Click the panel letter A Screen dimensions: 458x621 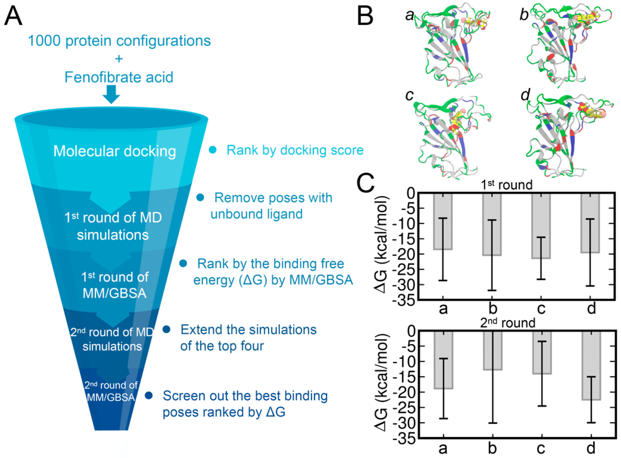[13, 16]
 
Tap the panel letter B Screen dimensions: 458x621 [365, 16]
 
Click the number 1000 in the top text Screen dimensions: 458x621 [44, 41]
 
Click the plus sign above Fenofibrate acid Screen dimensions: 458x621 [119, 59]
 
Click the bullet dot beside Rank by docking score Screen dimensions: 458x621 [212, 150]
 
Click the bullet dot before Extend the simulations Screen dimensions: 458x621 [166, 329]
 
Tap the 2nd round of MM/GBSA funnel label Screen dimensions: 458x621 [111, 391]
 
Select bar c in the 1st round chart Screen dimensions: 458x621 [541, 226]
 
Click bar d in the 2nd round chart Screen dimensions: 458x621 [591, 366]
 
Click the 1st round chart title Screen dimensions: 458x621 [507, 185]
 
